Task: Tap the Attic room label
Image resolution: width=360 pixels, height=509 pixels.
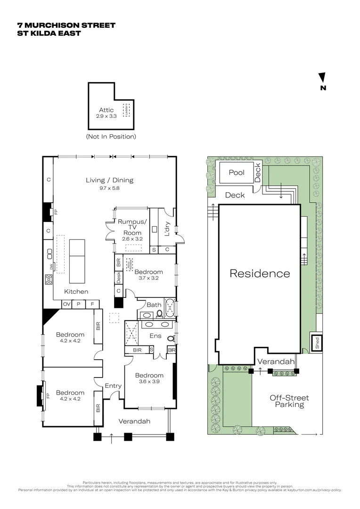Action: click(106, 110)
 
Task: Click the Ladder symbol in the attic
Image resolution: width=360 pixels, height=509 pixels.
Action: click(126, 110)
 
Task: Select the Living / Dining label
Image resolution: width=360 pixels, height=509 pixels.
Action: click(109, 180)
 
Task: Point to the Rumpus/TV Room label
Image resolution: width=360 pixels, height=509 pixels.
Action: click(132, 227)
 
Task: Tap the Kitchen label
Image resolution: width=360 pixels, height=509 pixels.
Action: click(76, 292)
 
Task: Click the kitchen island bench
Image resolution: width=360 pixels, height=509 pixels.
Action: click(77, 254)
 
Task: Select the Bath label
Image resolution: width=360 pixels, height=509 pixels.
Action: click(154, 305)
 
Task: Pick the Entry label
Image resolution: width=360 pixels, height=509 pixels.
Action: click(113, 386)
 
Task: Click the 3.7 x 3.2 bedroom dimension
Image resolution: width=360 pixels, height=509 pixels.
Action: click(149, 278)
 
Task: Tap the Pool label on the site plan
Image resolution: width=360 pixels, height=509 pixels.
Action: click(237, 172)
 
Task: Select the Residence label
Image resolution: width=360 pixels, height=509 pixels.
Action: click(260, 273)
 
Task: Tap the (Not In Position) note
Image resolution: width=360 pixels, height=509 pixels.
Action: click(111, 137)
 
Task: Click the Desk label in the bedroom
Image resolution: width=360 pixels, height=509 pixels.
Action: click(118, 278)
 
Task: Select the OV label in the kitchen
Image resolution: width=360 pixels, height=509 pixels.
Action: click(66, 304)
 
